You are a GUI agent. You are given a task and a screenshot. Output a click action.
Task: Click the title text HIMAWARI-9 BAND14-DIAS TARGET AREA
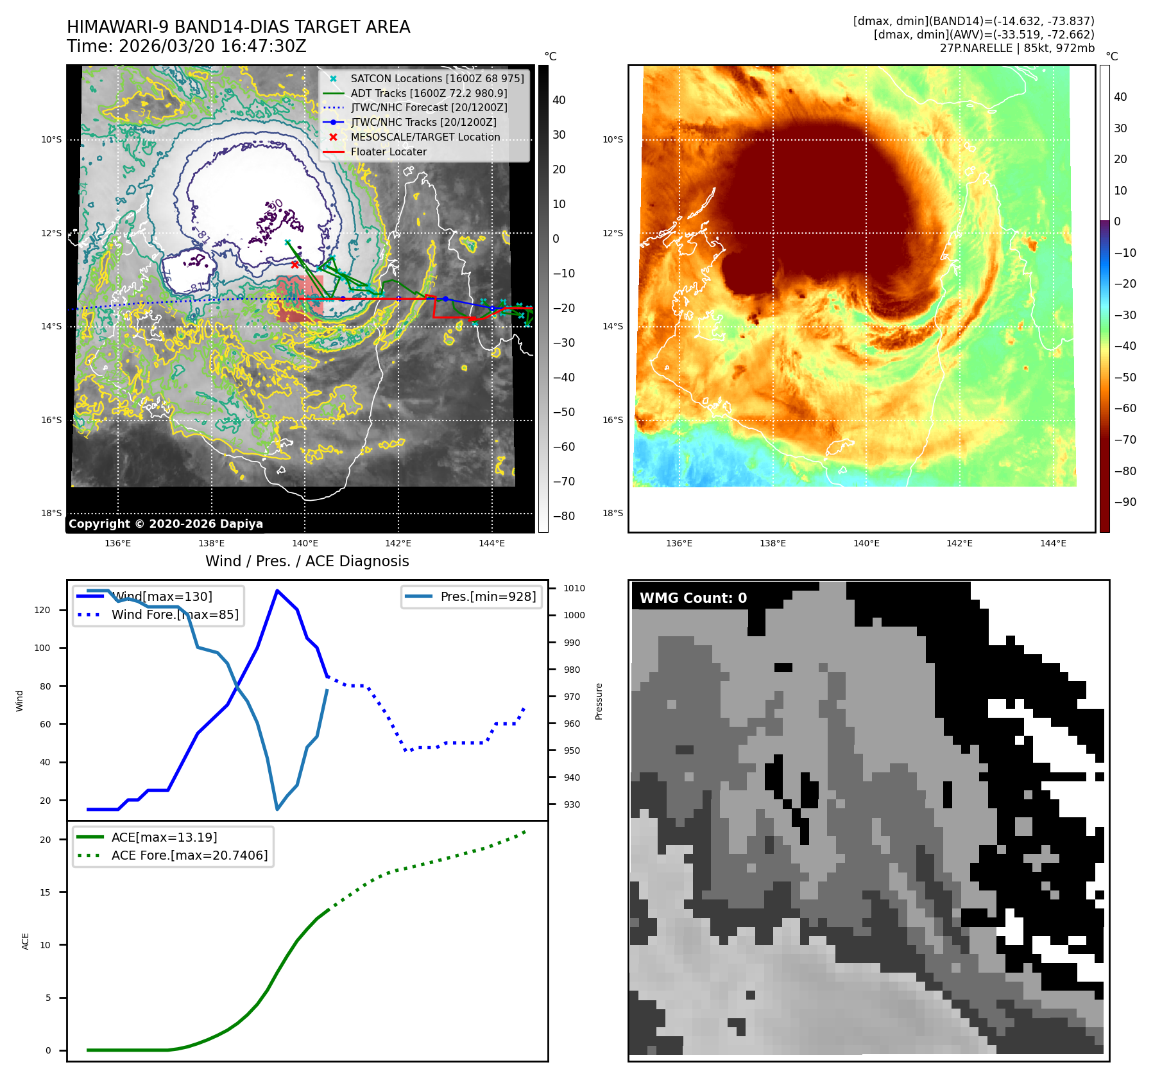click(x=238, y=27)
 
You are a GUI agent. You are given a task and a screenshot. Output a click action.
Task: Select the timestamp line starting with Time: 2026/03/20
click(x=186, y=47)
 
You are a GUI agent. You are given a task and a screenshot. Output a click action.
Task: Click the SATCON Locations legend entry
click(x=436, y=78)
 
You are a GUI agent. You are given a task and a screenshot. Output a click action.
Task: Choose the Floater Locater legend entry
click(x=388, y=152)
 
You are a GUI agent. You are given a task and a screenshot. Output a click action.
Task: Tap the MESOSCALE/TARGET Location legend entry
click(x=425, y=137)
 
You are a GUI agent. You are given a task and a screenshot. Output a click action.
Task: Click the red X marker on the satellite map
click(x=295, y=265)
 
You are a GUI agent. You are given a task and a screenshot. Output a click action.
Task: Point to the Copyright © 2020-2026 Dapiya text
click(x=166, y=524)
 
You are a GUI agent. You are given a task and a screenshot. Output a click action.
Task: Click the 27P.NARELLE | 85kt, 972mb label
click(x=1017, y=48)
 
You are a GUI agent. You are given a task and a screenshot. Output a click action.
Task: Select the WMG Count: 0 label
click(x=693, y=598)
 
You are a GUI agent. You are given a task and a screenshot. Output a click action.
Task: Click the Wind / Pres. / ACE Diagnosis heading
click(x=307, y=561)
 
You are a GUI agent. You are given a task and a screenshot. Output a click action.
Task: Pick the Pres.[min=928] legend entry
click(x=488, y=597)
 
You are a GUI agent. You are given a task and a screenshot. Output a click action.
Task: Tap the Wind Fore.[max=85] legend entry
click(x=175, y=615)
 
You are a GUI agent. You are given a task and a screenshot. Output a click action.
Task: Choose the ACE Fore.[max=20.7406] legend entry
click(x=189, y=856)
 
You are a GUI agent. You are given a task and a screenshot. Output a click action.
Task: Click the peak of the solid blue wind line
click(x=277, y=591)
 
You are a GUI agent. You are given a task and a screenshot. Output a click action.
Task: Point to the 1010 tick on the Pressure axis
click(x=574, y=588)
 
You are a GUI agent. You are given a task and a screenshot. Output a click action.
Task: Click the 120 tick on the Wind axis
click(x=42, y=610)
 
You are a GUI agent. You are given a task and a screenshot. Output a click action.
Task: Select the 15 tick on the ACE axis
click(x=45, y=892)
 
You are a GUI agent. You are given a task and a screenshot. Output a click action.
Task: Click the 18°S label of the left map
click(x=51, y=513)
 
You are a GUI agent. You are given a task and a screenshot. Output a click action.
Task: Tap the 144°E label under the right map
click(x=1053, y=544)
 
